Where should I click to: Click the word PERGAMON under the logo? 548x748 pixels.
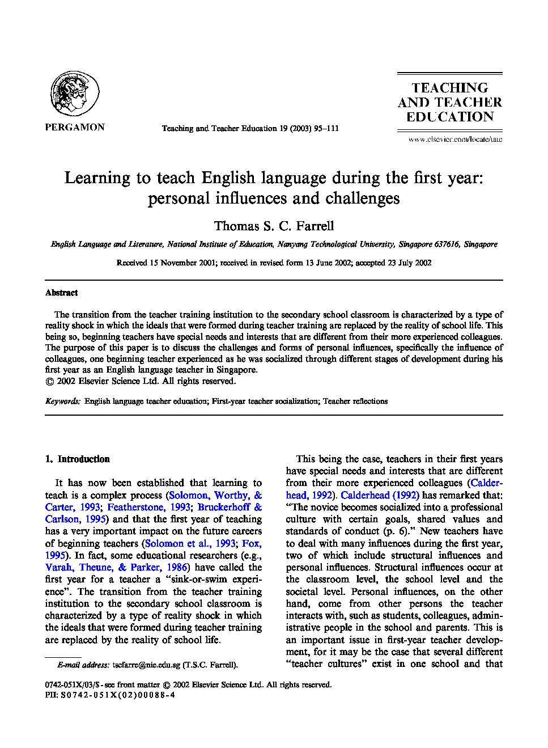(x=74, y=127)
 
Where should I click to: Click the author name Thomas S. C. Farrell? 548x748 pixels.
(x=274, y=226)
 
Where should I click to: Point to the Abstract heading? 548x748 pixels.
(x=61, y=293)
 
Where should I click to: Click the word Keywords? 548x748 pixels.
(x=62, y=401)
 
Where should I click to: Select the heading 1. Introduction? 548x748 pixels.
(x=78, y=459)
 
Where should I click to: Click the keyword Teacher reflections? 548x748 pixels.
(x=355, y=401)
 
